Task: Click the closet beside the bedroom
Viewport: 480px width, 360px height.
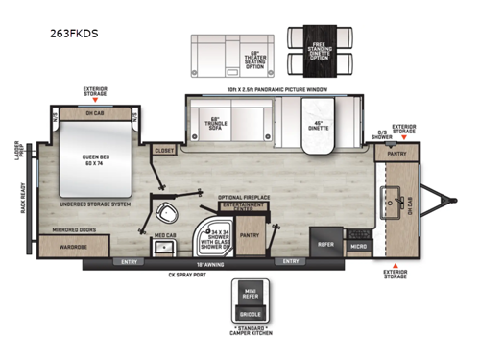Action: point(164,151)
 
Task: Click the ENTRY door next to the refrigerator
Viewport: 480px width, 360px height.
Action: point(290,260)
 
